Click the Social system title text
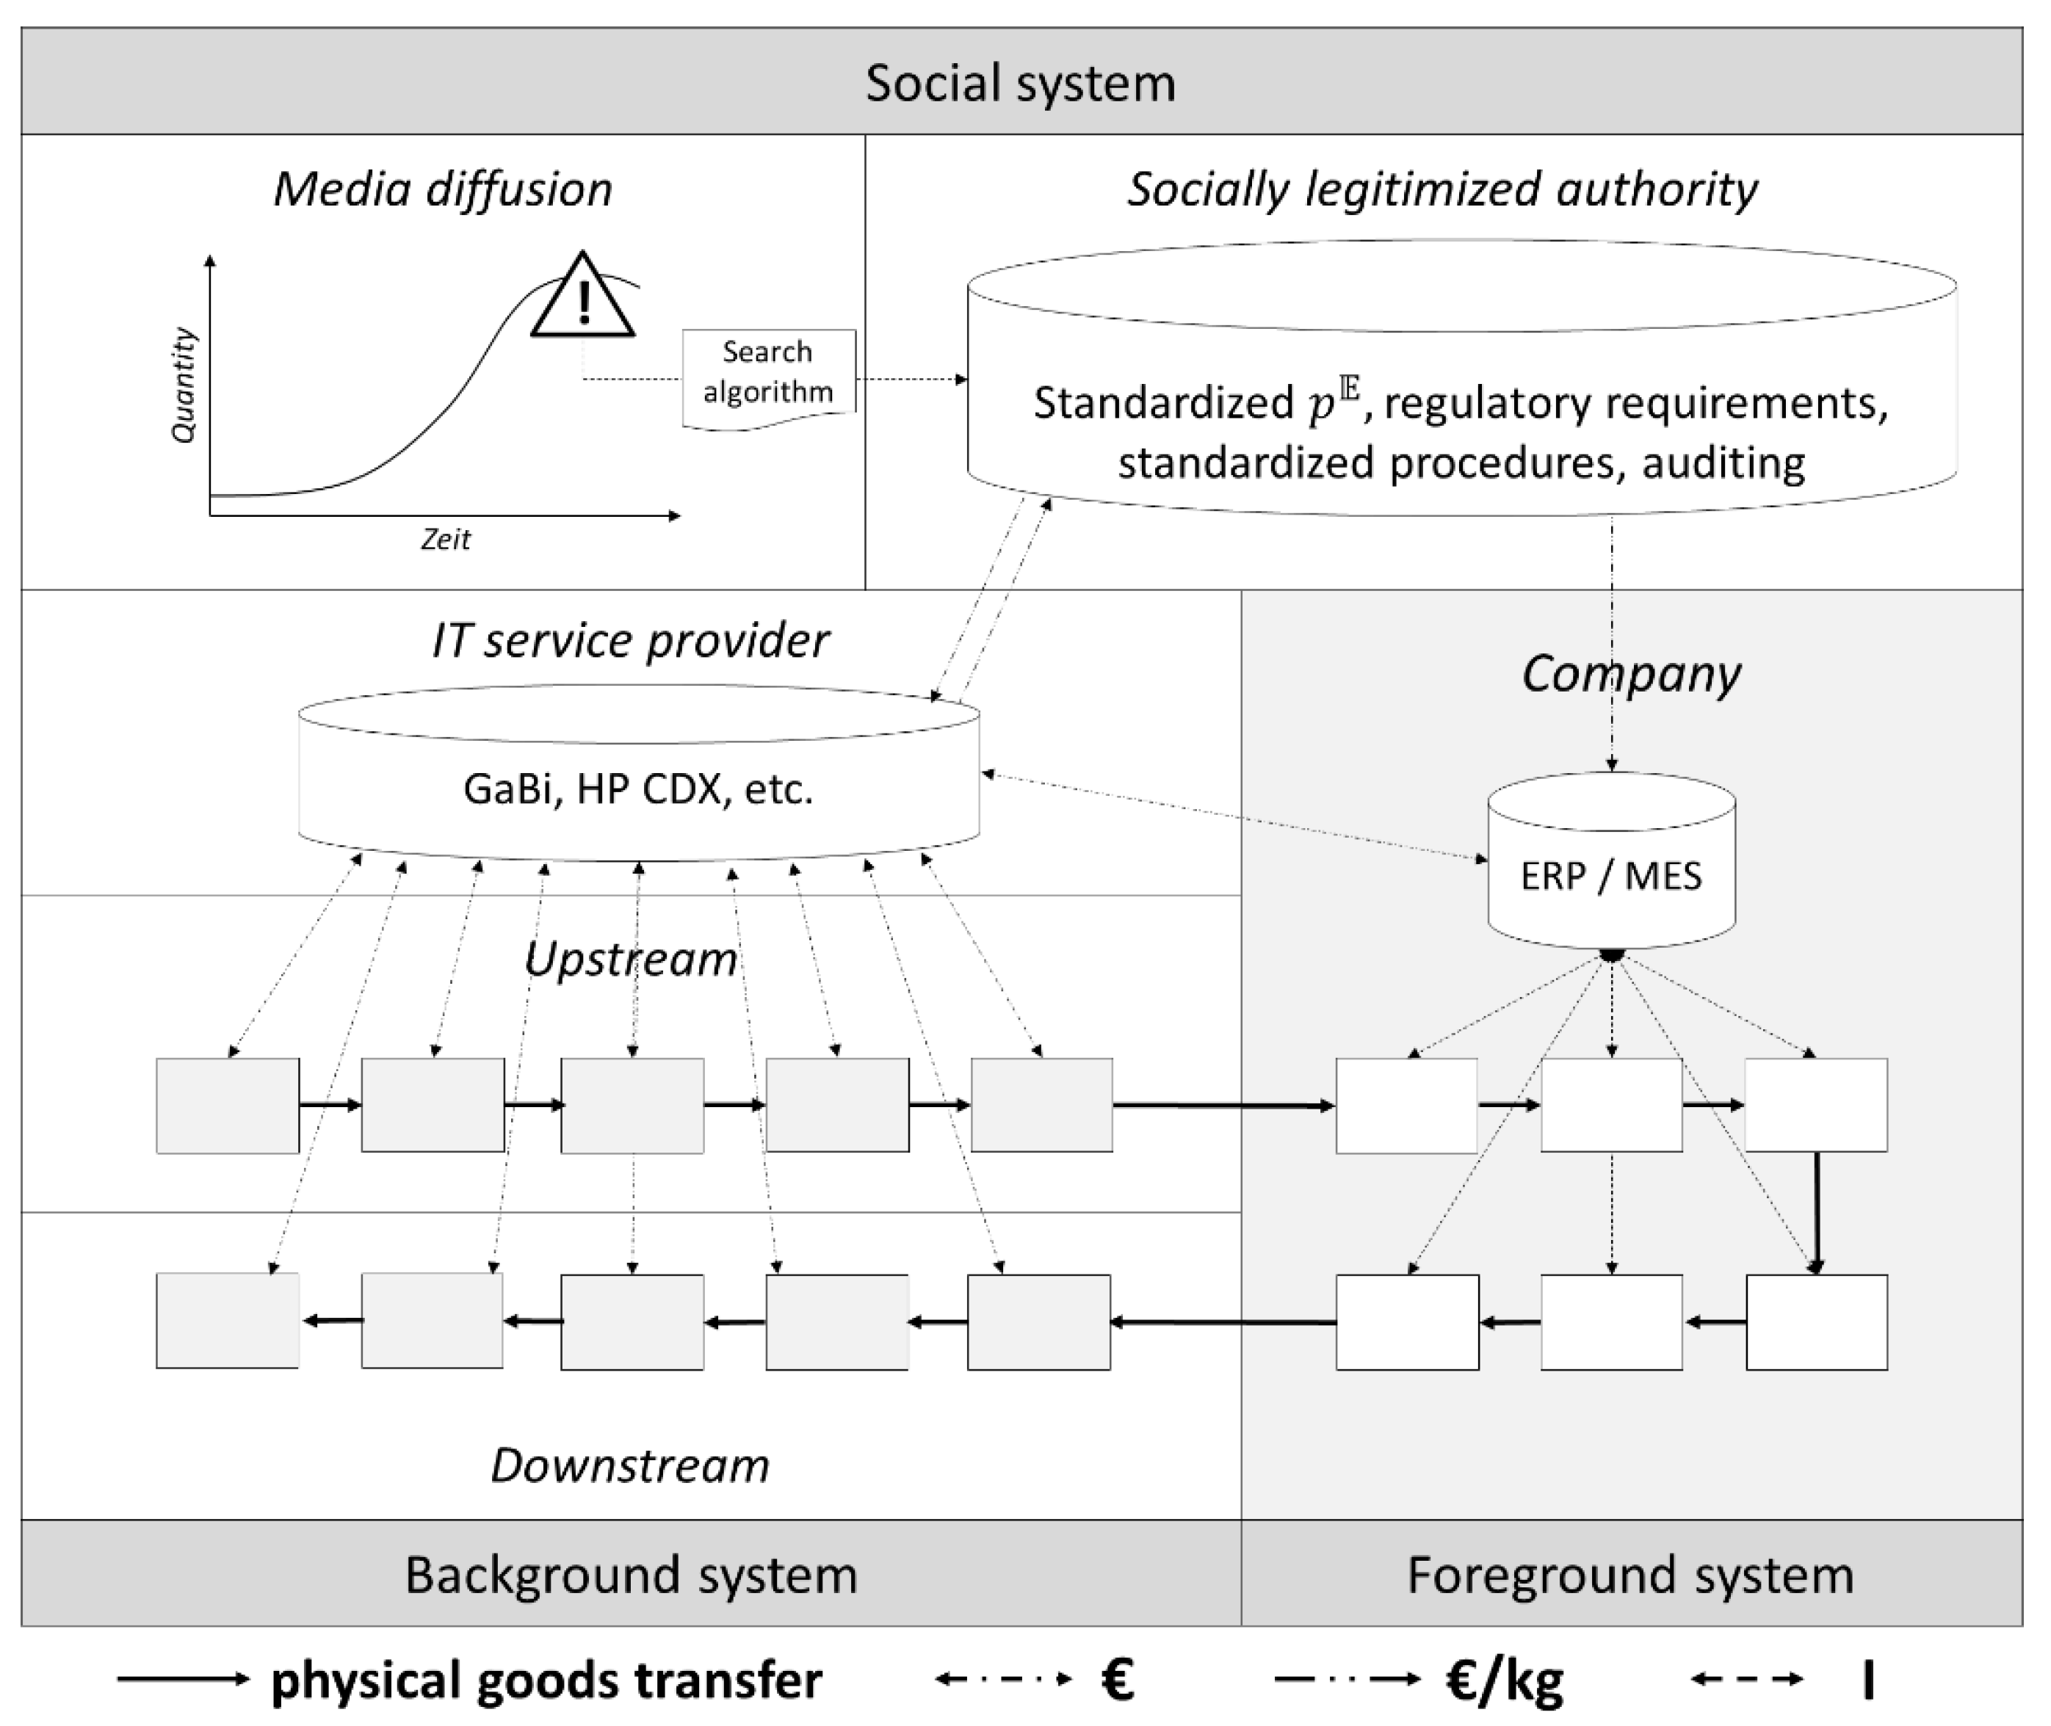point(1020,82)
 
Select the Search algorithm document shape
point(768,376)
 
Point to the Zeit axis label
point(445,539)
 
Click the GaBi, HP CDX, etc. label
point(638,788)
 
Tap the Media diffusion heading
point(442,189)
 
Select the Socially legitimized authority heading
point(1442,189)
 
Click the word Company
point(1630,673)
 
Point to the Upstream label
point(631,959)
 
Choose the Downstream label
point(630,1465)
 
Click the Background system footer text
point(631,1575)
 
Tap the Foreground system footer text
point(1630,1575)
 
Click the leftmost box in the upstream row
point(228,1105)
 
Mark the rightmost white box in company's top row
point(1815,1105)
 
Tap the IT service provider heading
point(631,641)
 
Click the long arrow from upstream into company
point(1223,1106)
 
